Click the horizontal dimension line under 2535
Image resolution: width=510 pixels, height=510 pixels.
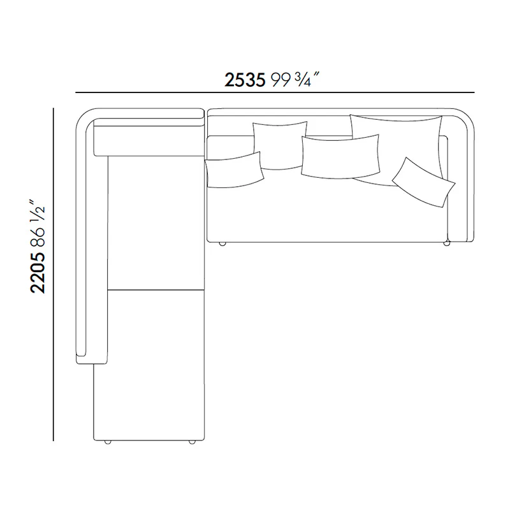click(x=274, y=92)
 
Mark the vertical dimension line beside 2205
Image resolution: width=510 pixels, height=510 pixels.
click(x=54, y=274)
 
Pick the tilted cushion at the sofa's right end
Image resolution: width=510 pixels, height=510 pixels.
click(x=423, y=182)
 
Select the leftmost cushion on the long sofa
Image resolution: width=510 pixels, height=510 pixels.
click(x=234, y=170)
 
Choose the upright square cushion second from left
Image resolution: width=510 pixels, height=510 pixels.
click(x=278, y=143)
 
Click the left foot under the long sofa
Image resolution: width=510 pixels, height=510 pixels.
click(x=222, y=244)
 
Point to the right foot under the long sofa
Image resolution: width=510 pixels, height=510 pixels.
click(x=447, y=244)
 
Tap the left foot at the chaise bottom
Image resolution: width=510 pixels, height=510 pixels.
click(x=107, y=442)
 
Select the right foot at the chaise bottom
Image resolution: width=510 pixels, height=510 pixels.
click(x=191, y=442)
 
